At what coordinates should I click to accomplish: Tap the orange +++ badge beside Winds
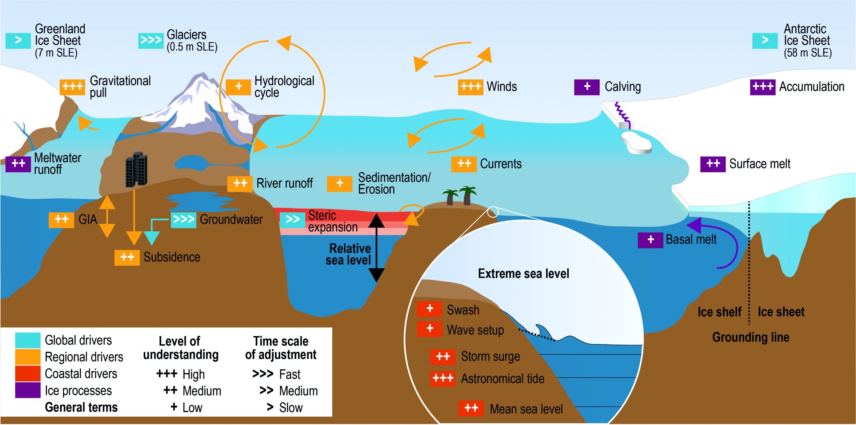point(471,87)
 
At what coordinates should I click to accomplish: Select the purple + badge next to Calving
point(587,87)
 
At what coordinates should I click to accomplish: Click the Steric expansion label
point(333,221)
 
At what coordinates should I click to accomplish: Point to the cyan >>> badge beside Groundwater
point(183,219)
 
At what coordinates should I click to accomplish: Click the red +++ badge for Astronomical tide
point(443,379)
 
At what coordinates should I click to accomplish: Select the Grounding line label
point(751,337)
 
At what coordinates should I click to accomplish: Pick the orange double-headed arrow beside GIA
point(107,216)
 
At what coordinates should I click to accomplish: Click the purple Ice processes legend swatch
point(28,391)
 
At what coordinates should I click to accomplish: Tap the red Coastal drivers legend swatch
point(28,373)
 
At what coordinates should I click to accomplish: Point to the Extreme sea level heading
point(523,274)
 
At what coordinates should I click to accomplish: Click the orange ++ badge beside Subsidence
point(127,257)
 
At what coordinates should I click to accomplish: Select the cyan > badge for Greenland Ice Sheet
point(18,40)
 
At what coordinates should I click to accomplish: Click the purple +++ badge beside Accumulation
point(763,87)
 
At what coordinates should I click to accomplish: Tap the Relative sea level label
point(348,254)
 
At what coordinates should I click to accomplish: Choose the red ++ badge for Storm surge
point(443,357)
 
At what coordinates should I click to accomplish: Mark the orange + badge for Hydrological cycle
point(238,87)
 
